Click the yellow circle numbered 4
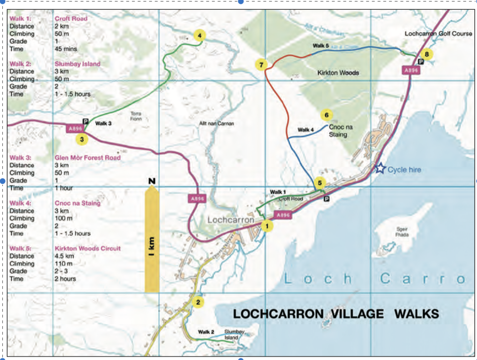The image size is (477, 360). click(x=200, y=35)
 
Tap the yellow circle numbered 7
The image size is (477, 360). click(x=261, y=65)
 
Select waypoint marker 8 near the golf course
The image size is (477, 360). click(x=426, y=54)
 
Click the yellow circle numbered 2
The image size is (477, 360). click(x=198, y=302)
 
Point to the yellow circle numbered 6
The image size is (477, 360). click(x=326, y=115)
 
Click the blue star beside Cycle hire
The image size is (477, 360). click(x=380, y=168)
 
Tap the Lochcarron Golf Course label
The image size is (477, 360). click(x=438, y=34)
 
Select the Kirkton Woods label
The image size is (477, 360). click(x=338, y=73)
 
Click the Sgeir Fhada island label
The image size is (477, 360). click(x=402, y=232)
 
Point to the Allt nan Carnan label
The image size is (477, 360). click(x=216, y=124)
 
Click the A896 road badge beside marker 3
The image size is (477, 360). click(x=75, y=129)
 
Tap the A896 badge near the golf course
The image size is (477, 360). click(x=411, y=70)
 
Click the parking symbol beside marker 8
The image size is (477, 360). click(x=421, y=62)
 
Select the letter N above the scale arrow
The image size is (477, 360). click(x=152, y=181)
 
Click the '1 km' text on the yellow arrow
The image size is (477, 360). click(x=152, y=246)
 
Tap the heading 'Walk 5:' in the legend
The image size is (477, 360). click(x=20, y=248)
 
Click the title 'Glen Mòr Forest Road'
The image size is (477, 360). click(x=87, y=157)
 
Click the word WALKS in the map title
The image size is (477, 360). click(x=416, y=314)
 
